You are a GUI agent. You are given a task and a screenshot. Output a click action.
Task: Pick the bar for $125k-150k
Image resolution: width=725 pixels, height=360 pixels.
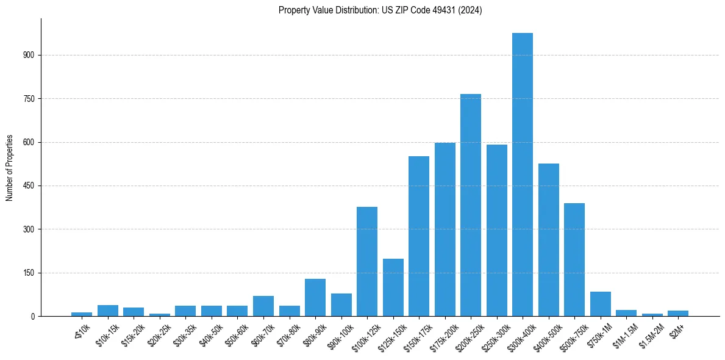click(393, 287)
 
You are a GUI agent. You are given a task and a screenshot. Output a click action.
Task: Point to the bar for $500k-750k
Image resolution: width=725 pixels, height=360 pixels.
click(574, 259)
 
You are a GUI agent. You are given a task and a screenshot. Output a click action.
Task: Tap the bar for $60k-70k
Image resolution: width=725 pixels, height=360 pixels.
click(263, 306)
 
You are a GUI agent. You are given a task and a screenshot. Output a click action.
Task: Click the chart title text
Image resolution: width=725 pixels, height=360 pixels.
click(380, 10)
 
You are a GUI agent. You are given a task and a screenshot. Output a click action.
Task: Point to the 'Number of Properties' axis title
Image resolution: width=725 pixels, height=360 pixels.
click(10, 167)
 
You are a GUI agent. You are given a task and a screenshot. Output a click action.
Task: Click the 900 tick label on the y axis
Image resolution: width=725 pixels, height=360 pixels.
click(30, 55)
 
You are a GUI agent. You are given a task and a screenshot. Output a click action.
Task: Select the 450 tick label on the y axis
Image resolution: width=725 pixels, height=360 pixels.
click(30, 186)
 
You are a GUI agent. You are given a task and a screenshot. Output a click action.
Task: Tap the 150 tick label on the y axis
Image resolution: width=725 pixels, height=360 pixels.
click(30, 273)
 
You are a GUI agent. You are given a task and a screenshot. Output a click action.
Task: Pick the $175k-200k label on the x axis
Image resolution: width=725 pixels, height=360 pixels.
click(441, 334)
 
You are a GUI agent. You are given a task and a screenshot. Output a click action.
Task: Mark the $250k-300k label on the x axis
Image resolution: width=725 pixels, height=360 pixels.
click(493, 334)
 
